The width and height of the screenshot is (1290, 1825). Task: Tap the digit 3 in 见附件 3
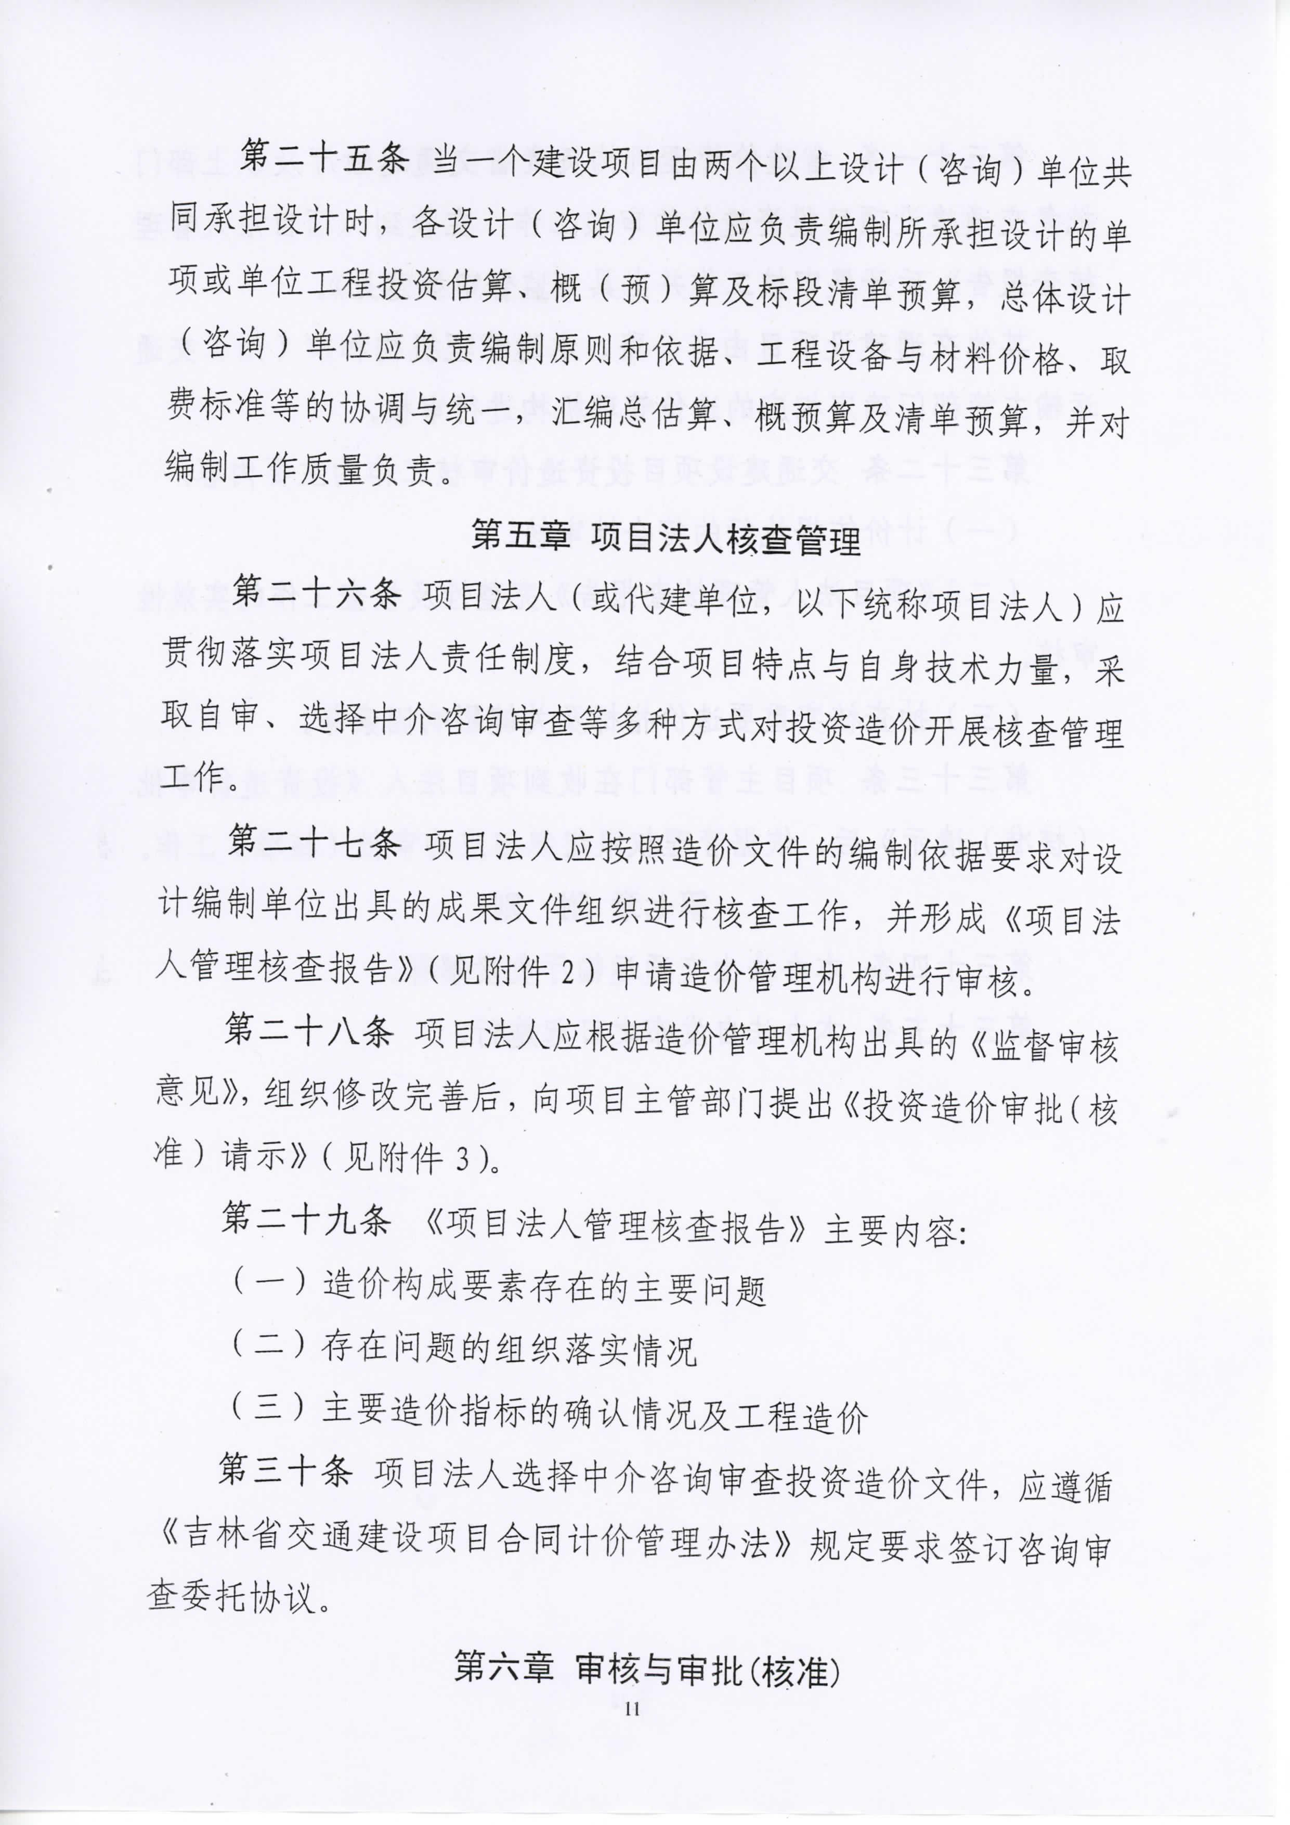(x=463, y=1160)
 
